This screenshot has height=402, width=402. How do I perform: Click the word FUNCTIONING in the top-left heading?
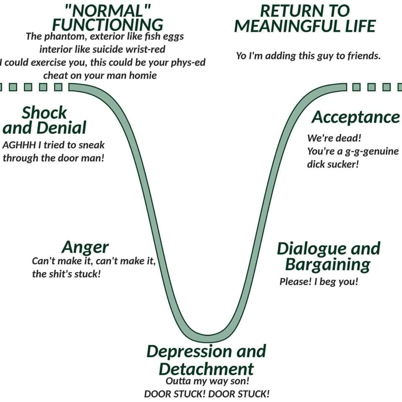(108, 25)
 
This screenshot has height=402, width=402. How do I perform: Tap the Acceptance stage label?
(356, 117)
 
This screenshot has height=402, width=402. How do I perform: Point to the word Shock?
(44, 113)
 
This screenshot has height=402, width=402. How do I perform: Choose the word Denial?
(61, 128)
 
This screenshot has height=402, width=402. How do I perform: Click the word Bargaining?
(327, 265)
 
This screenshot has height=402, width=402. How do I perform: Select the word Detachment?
(206, 369)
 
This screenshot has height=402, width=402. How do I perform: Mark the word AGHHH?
(19, 145)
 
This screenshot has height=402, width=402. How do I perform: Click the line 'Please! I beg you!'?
(319, 282)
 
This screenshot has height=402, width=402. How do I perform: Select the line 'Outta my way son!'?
(207, 381)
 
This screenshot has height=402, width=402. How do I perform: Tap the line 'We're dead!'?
(334, 138)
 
